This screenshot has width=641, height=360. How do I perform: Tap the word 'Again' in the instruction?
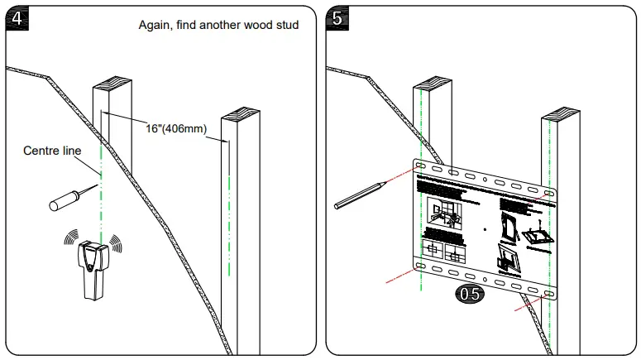pos(155,25)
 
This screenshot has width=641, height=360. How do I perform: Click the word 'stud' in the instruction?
pos(284,25)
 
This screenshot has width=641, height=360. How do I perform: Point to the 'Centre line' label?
pos(51,151)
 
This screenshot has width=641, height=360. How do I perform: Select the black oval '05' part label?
pos(470,293)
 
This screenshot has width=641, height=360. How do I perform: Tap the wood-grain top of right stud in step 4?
pos(241,113)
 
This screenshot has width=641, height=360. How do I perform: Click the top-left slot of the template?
pos(422,167)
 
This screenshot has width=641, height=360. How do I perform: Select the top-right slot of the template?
pos(547,191)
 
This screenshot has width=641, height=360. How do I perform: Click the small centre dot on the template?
pos(484,229)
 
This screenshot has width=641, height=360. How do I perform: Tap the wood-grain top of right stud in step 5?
pos(561,113)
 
